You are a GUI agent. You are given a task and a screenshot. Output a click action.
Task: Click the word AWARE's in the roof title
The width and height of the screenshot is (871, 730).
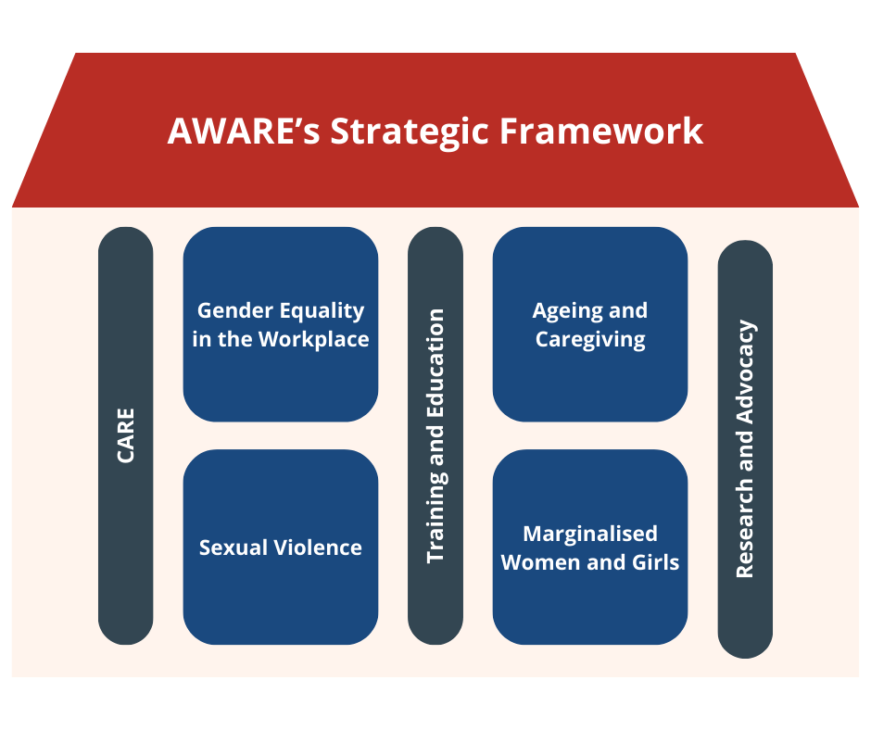click(x=244, y=132)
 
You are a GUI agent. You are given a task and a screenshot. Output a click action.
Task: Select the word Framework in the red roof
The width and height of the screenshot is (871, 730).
click(x=601, y=132)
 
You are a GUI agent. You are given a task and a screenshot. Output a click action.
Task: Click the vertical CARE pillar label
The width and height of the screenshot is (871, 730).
click(x=125, y=435)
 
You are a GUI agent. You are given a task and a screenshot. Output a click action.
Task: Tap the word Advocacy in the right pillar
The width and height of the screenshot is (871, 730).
click(x=746, y=372)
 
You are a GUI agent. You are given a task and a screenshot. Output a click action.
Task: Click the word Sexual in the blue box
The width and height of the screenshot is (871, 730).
click(x=234, y=547)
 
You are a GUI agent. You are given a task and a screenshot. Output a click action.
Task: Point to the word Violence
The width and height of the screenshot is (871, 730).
click(x=319, y=547)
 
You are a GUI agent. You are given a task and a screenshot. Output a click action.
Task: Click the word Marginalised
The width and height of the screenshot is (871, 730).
click(x=590, y=534)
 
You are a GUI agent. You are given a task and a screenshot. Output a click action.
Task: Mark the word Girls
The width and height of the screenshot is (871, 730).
click(x=655, y=562)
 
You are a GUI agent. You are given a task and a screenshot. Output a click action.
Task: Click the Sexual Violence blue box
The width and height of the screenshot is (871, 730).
click(x=281, y=547)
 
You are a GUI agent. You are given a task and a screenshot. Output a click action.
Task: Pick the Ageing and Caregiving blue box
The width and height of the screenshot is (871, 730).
click(x=590, y=324)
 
